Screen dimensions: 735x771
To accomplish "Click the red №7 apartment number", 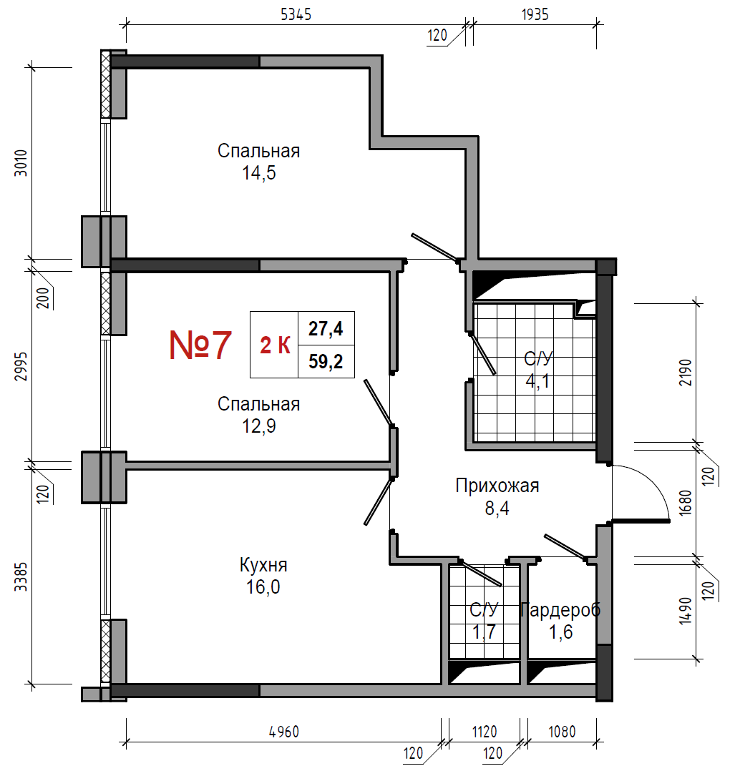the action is pyautogui.click(x=200, y=345).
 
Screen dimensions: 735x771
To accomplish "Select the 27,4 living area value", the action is pyautogui.click(x=326, y=328).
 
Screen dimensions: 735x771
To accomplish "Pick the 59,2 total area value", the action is pyautogui.click(x=326, y=361).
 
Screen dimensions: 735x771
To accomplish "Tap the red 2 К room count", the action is pyautogui.click(x=275, y=345).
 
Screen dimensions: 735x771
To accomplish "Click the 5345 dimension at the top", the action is pyautogui.click(x=296, y=14).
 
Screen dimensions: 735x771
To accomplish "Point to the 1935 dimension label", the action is pyautogui.click(x=535, y=14).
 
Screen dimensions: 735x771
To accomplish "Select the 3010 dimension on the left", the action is pyautogui.click(x=21, y=163).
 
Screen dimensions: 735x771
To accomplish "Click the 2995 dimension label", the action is pyautogui.click(x=21, y=366).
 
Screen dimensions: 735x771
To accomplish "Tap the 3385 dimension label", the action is pyautogui.click(x=21, y=576).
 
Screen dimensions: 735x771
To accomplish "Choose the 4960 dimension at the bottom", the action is pyautogui.click(x=284, y=732).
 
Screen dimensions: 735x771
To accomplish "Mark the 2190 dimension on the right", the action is pyautogui.click(x=686, y=372).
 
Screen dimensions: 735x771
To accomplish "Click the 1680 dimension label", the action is pyautogui.click(x=686, y=503).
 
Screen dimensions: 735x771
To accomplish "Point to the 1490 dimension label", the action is pyautogui.click(x=686, y=610).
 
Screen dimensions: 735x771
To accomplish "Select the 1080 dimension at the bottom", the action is pyautogui.click(x=562, y=732).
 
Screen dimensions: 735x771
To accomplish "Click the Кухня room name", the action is pyautogui.click(x=263, y=565).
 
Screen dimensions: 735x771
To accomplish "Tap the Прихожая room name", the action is pyautogui.click(x=497, y=486).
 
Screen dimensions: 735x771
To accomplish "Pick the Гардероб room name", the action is pyautogui.click(x=560, y=609).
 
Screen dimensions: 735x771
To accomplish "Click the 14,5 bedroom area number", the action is pyautogui.click(x=259, y=172).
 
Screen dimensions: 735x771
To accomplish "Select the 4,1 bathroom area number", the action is pyautogui.click(x=537, y=380).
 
